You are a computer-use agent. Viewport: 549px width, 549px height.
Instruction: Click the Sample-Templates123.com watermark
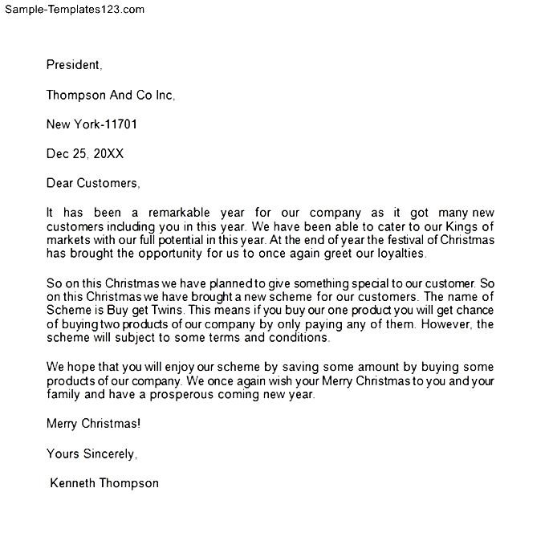(x=73, y=10)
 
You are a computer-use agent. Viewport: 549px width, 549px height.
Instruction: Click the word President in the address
(x=73, y=65)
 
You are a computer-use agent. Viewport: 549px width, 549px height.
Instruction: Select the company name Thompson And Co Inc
(x=110, y=95)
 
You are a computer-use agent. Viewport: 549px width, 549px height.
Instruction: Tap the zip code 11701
(x=126, y=124)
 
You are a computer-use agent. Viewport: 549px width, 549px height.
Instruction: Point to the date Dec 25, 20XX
(x=84, y=153)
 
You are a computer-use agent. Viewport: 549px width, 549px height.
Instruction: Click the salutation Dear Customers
(x=92, y=183)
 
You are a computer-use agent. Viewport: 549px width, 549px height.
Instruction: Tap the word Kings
(x=470, y=227)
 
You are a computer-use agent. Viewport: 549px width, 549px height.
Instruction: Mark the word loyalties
(x=393, y=254)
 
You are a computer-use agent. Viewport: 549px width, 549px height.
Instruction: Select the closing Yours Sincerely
(x=91, y=453)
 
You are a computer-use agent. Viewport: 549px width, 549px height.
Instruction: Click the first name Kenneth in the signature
(x=73, y=483)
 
